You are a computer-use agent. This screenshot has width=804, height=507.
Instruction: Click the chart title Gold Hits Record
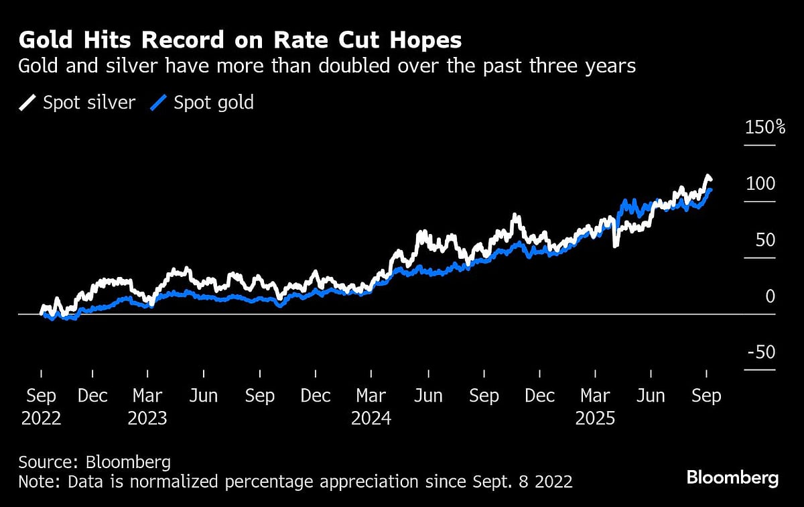240,41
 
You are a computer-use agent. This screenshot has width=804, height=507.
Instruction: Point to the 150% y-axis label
765,127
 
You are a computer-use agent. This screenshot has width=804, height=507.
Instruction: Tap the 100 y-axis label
760,184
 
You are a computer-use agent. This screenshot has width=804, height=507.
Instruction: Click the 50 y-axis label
764,240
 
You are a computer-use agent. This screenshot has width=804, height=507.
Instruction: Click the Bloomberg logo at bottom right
732,478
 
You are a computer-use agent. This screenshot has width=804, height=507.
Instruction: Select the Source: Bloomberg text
94,462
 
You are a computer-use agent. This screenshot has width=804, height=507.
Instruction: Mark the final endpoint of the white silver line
711,179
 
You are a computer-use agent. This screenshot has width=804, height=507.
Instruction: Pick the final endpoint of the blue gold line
710,190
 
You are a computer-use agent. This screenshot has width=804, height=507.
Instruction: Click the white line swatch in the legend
27,103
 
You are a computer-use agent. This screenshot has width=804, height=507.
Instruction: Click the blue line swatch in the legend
158,103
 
